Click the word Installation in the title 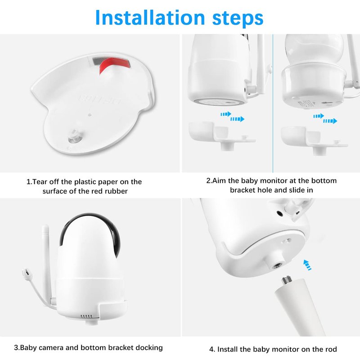point(150,18)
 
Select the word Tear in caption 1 point(40,182)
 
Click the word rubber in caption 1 point(117,191)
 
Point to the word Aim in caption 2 point(219,181)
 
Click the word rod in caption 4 point(331,349)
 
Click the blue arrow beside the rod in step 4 point(307,265)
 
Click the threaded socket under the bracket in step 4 point(276,265)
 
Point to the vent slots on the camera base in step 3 point(86,316)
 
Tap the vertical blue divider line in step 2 point(273,103)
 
